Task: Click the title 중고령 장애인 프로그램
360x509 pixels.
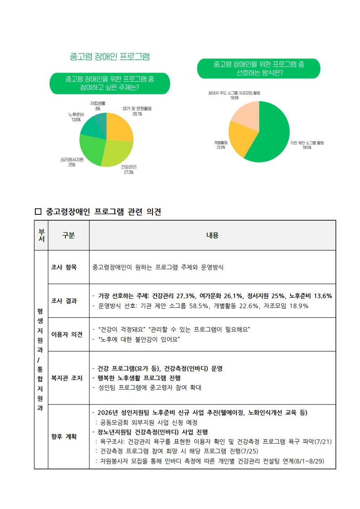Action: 109,57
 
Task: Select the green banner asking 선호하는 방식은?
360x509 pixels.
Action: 258,69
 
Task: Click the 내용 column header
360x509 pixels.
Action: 212,235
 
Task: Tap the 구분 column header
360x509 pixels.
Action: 68,235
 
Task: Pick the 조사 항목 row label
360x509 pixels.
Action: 64,267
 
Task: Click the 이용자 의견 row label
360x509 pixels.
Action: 67,335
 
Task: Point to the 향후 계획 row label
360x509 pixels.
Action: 64,436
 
